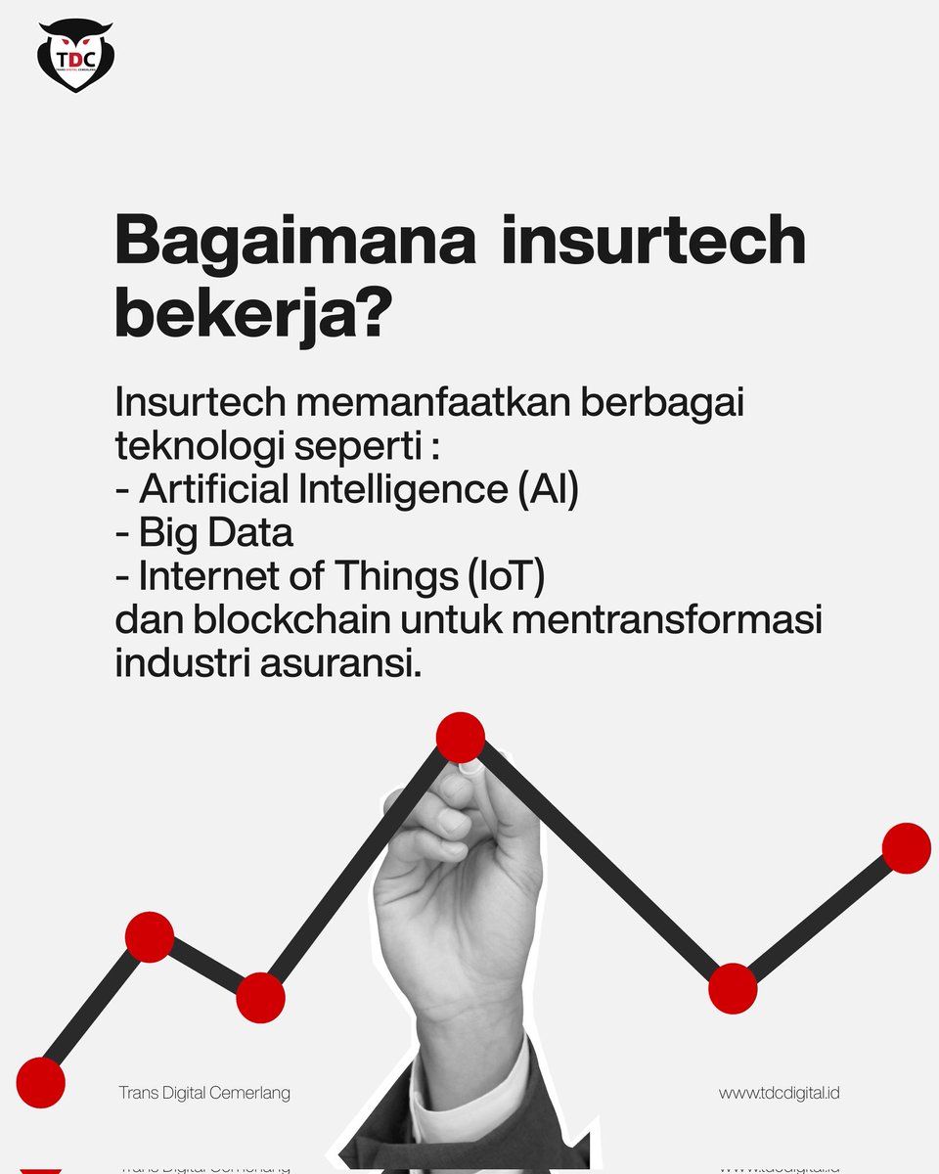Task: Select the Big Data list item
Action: click(215, 533)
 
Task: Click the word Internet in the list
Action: click(204, 576)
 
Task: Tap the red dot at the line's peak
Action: click(460, 738)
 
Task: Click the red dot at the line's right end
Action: click(906, 848)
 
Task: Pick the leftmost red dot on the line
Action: click(40, 1083)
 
